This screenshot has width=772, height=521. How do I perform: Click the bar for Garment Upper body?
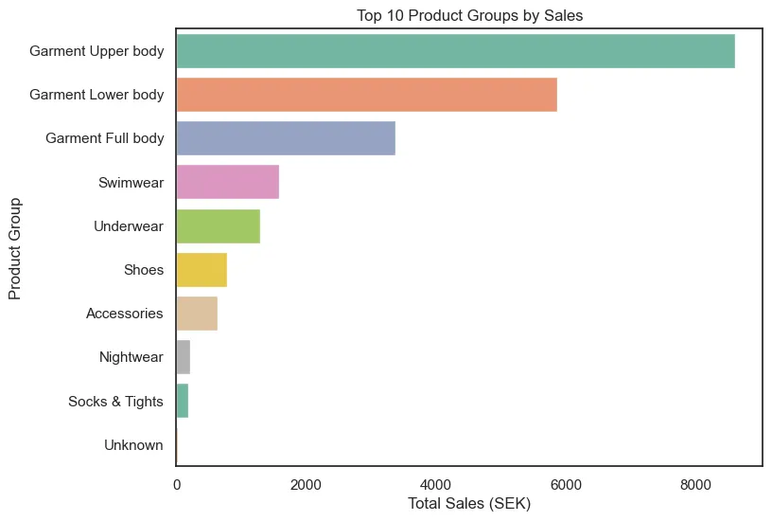455,51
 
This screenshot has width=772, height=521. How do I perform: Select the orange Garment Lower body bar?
366,95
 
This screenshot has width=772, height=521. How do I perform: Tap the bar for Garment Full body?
286,138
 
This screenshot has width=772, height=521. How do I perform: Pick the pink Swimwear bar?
227,182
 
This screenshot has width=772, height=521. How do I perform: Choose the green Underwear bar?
218,226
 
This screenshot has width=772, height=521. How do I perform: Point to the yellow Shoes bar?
202,270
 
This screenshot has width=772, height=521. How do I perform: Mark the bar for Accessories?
197,314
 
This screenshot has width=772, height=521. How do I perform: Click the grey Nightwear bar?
184,358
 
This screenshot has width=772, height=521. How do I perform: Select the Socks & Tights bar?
183,402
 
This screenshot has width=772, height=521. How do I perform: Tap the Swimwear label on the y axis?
131,182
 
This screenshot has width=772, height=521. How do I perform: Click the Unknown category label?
132,445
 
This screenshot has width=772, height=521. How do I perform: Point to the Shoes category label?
144,270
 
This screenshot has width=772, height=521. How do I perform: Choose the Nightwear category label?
132,358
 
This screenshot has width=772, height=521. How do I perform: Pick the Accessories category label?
125,314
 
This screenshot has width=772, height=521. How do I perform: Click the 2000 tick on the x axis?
306,484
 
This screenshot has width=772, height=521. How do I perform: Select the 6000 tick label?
565,484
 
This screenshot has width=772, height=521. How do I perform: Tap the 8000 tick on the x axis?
694,484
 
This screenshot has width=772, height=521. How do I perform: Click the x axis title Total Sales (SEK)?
468,504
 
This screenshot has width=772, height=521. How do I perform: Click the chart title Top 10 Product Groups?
468,15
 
